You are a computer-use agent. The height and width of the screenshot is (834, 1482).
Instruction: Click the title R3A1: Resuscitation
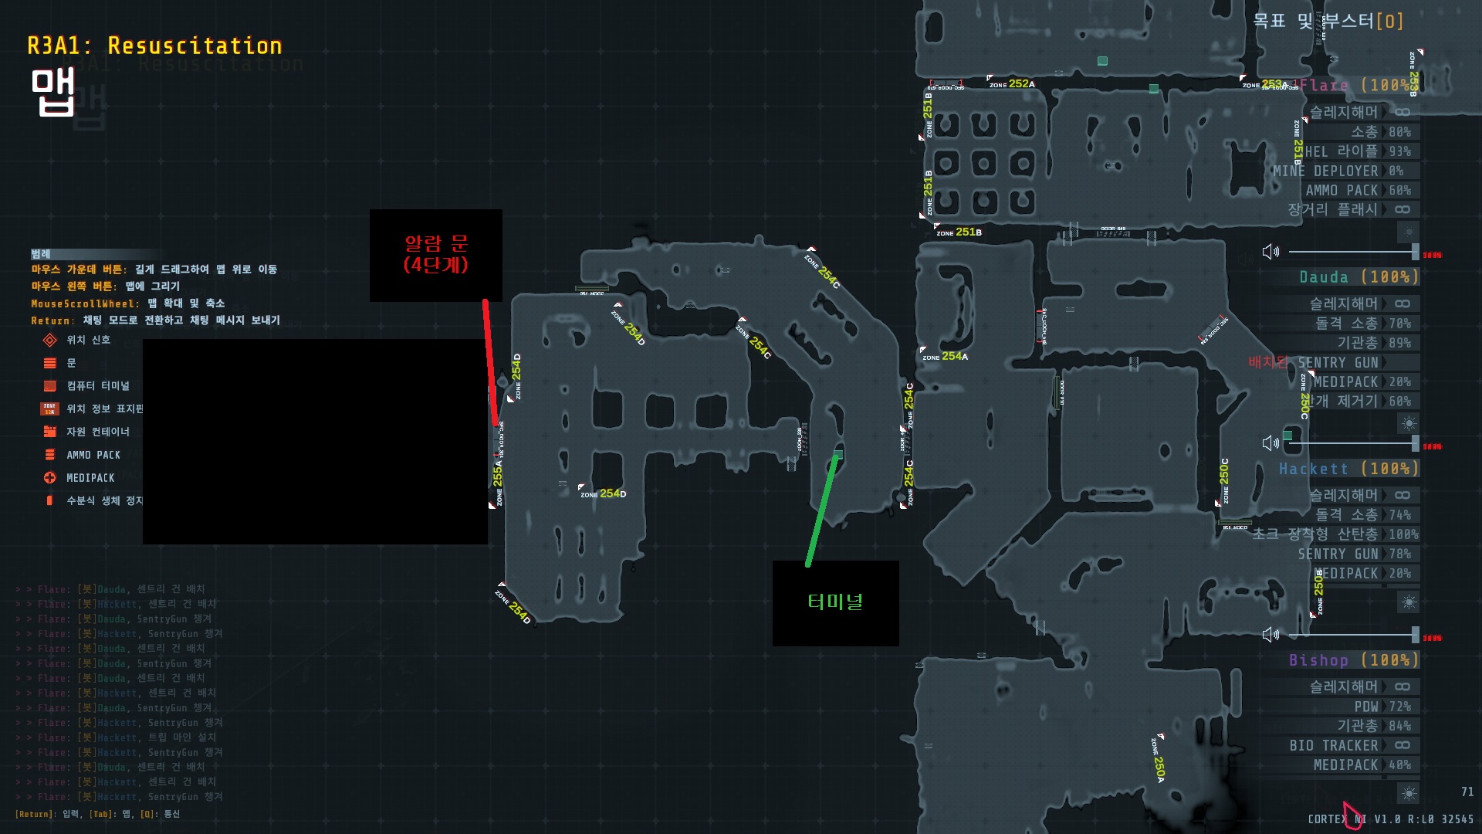coord(154,46)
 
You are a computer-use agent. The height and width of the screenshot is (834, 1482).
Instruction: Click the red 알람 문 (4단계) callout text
coord(436,254)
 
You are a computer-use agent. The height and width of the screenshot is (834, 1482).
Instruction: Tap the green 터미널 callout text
coord(835,602)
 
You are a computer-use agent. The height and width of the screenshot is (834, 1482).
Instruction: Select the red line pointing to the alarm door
coord(490,363)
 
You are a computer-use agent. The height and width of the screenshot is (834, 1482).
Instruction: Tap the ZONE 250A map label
coord(1158,761)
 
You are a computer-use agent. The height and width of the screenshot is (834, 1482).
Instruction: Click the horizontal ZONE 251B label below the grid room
coord(959,232)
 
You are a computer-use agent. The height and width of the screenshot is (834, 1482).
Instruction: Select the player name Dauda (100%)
coord(1358,277)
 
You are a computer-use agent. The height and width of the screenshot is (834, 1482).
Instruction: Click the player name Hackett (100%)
coord(1348,469)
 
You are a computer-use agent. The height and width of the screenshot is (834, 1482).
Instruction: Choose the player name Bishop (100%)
coord(1353,660)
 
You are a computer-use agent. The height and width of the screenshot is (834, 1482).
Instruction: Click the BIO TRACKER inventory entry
coord(1333,745)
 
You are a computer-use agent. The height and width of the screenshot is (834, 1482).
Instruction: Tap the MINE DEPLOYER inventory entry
coord(1325,171)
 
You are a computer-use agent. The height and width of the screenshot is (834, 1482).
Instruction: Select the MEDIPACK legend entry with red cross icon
coord(90,478)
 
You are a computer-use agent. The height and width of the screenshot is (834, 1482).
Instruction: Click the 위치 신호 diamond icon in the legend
coord(50,340)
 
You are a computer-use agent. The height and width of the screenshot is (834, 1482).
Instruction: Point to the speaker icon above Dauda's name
coord(1270,252)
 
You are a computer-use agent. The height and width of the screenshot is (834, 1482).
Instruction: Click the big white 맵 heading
coord(52,93)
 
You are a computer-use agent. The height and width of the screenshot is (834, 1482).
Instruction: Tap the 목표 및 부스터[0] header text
coord(1328,21)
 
